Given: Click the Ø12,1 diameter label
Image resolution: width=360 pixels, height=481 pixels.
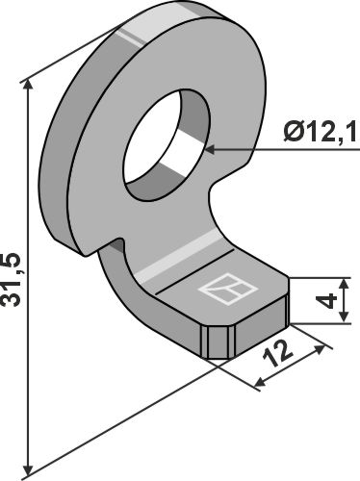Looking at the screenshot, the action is (320, 132).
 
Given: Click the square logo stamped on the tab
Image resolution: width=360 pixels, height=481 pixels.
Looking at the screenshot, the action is (228, 289).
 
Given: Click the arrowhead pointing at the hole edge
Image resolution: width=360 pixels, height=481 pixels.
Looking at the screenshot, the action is (210, 149).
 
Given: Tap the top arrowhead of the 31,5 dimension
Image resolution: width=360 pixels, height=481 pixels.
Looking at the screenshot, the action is (28, 85).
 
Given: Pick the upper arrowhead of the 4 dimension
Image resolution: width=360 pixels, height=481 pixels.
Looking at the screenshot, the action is (344, 285).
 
